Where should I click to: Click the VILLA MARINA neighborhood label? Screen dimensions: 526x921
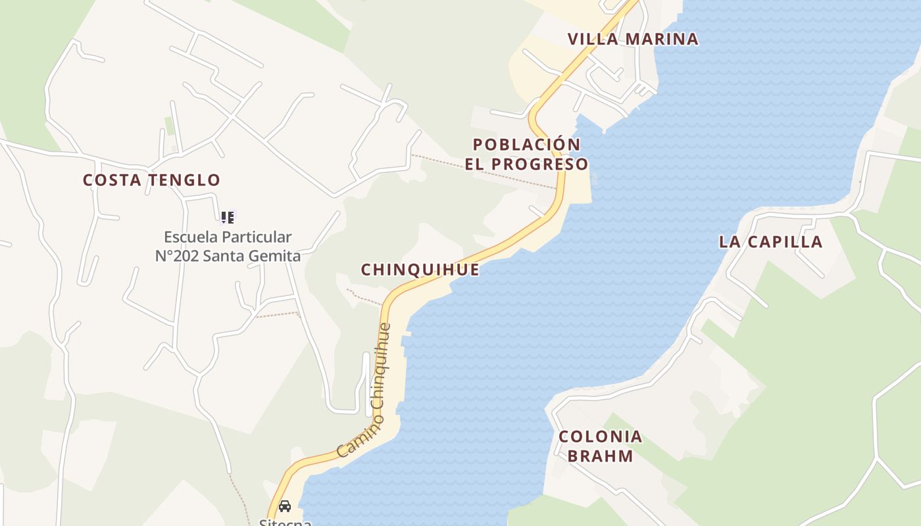(x=633, y=39)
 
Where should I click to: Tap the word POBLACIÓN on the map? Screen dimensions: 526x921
(x=526, y=145)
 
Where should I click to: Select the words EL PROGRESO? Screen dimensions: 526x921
(x=526, y=164)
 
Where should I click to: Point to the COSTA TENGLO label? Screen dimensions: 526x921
(x=151, y=180)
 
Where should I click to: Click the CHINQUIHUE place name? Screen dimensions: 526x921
(x=420, y=270)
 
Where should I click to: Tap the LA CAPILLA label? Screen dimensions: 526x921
(x=770, y=242)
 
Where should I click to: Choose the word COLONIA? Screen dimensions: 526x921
(x=600, y=437)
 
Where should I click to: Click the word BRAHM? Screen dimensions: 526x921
(x=600, y=456)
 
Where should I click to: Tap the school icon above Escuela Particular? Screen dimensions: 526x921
(x=228, y=218)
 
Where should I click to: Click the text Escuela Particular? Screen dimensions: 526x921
(x=228, y=237)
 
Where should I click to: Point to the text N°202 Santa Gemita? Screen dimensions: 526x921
(x=228, y=256)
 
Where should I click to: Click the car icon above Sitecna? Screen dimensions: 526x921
(x=285, y=506)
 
